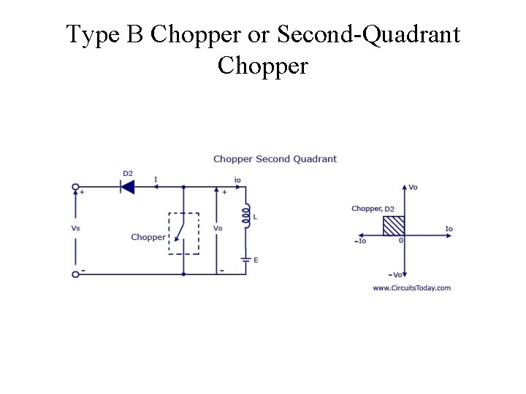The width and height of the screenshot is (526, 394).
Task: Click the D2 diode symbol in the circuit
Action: point(127,187)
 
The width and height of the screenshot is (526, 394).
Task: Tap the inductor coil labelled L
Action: point(246,216)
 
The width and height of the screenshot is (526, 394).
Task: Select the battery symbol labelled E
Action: point(246,259)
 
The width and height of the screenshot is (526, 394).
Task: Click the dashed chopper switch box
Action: point(183,233)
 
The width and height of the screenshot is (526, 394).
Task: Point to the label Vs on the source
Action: point(75,228)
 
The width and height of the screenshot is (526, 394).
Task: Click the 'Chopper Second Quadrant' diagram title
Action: point(275,159)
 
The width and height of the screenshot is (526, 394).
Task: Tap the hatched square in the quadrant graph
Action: point(394,225)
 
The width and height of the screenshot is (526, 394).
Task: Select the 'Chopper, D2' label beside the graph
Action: point(373,209)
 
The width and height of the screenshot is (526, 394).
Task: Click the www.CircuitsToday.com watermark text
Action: point(411,287)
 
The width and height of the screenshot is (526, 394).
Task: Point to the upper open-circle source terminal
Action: point(75,187)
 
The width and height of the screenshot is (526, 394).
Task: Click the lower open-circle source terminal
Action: point(75,274)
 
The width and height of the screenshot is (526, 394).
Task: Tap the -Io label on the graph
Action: point(360,241)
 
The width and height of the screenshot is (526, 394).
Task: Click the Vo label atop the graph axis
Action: point(413,188)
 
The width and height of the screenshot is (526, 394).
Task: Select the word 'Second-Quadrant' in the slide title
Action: point(369,34)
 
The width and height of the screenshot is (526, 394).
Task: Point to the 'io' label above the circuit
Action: point(237,179)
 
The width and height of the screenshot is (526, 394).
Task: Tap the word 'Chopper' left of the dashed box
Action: point(148,237)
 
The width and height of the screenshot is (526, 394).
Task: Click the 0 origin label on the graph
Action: point(401,240)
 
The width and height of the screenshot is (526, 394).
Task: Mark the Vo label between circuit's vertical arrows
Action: point(218,228)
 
